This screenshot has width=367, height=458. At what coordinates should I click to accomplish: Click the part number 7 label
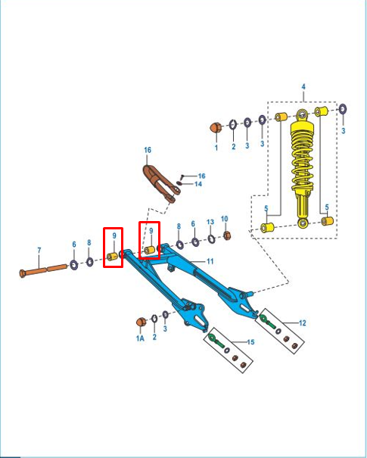pyautogui.click(x=39, y=251)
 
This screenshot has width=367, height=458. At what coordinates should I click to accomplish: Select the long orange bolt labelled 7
pyautogui.click(x=43, y=270)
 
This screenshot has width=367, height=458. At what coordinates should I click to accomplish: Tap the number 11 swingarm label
pyautogui.click(x=210, y=261)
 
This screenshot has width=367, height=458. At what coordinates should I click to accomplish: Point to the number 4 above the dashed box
pyautogui.click(x=303, y=87)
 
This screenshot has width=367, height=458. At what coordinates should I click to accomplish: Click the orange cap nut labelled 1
pyautogui.click(x=216, y=128)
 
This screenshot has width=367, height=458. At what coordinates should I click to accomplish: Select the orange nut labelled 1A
pyautogui.click(x=141, y=322)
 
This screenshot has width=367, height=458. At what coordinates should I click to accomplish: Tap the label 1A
pyautogui.click(x=140, y=338)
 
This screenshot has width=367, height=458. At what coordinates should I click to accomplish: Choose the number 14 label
pyautogui.click(x=198, y=184)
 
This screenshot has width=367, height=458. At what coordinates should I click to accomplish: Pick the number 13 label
pyautogui.click(x=210, y=222)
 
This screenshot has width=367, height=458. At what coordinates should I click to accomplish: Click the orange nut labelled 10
pyautogui.click(x=227, y=235)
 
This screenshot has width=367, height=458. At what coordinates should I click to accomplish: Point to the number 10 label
pyautogui.click(x=224, y=219)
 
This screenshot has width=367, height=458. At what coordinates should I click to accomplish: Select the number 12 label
pyautogui.click(x=303, y=322)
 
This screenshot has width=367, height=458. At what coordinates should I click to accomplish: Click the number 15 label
pyautogui.click(x=250, y=342)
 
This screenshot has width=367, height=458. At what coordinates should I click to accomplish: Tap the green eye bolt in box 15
pyautogui.click(x=216, y=341)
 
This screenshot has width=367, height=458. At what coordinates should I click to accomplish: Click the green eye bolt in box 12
pyautogui.click(x=267, y=322)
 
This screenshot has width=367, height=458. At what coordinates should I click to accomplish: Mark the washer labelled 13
pyautogui.click(x=211, y=239)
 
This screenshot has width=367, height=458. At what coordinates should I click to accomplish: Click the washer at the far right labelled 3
pyautogui.click(x=343, y=109)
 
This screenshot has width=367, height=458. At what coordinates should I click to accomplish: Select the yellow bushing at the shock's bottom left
pyautogui.click(x=267, y=228)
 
